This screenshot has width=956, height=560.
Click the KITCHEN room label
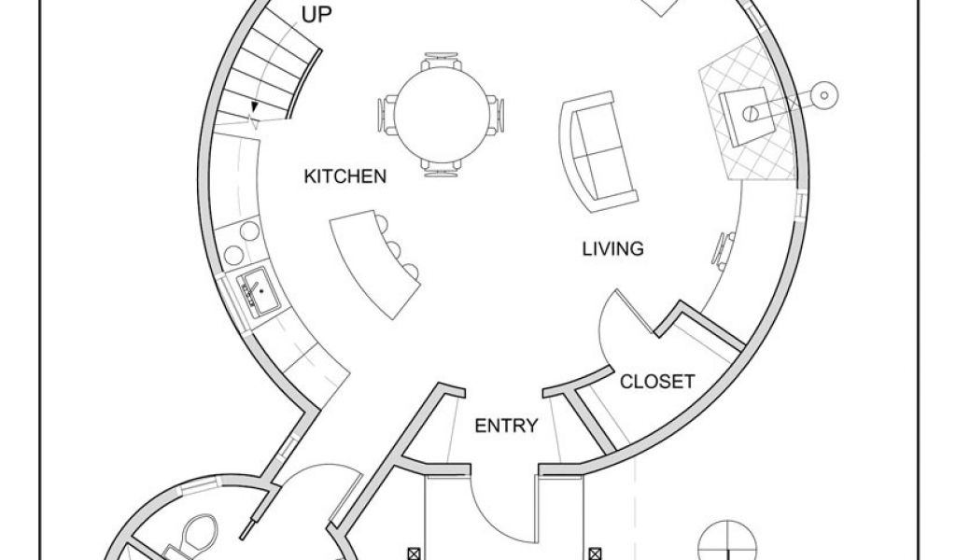[345, 176]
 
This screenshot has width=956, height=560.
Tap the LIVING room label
[612, 249]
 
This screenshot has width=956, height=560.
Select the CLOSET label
[657, 382]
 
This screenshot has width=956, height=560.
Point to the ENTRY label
[506, 426]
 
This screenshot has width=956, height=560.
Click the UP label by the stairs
[317, 15]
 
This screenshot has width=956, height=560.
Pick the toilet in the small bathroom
[200, 531]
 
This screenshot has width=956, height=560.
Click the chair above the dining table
[442, 61]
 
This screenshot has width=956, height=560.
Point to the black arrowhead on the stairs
[255, 106]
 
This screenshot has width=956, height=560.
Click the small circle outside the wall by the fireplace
[823, 94]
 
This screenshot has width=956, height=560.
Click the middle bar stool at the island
[394, 250]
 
